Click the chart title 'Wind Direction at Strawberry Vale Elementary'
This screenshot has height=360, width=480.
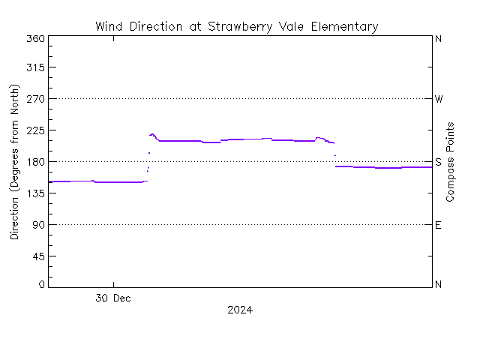tap(236, 27)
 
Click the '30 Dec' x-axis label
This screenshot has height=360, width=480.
tap(114, 298)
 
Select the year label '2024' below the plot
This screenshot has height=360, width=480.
tap(239, 310)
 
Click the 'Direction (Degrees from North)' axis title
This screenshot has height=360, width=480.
tap(15, 162)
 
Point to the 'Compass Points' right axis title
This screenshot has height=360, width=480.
tap(451, 162)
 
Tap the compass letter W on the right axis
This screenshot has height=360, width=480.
tap(439, 99)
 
